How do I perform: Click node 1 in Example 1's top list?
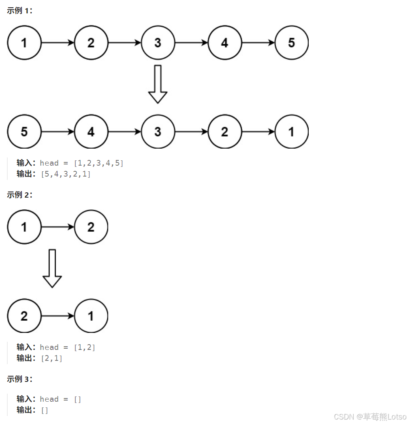tap(24, 43)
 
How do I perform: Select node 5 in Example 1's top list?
tap(291, 43)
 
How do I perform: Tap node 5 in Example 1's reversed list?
tap(24, 132)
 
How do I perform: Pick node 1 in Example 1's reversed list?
tap(291, 132)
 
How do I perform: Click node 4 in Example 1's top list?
tap(225, 43)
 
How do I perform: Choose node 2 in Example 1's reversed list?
tap(225, 132)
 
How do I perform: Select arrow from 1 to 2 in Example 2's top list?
tap(58, 227)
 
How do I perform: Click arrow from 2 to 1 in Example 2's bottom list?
tap(58, 316)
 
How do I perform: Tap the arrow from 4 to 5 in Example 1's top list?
tap(258, 43)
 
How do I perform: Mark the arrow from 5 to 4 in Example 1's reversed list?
tap(58, 132)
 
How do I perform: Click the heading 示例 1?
tap(19, 11)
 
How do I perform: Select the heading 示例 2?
tap(19, 195)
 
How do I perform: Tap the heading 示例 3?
tap(19, 379)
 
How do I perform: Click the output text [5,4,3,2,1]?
tap(66, 174)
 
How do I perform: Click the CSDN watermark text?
tap(370, 416)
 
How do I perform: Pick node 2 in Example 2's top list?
tap(91, 227)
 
